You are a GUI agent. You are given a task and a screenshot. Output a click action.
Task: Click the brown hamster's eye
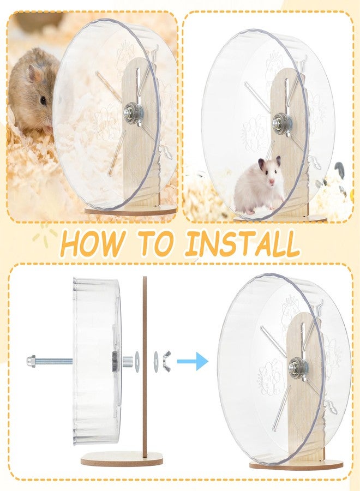coord(43,100)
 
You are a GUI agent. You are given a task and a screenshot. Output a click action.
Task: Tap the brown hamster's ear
coord(34,74)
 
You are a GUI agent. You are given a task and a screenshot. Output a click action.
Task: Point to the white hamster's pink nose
coord(272,181)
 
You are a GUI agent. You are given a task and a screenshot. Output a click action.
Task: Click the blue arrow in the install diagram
coord(192,361)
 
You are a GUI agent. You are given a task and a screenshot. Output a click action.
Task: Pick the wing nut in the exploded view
coord(166,361)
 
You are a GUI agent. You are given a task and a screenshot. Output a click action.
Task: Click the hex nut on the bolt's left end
coord(31,361)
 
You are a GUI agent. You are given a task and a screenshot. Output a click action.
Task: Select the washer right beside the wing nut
coord(156,361)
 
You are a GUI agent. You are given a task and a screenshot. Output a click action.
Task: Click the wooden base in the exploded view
coord(122,458)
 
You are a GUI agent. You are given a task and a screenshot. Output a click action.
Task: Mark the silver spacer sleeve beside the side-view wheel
coord(128,361)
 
